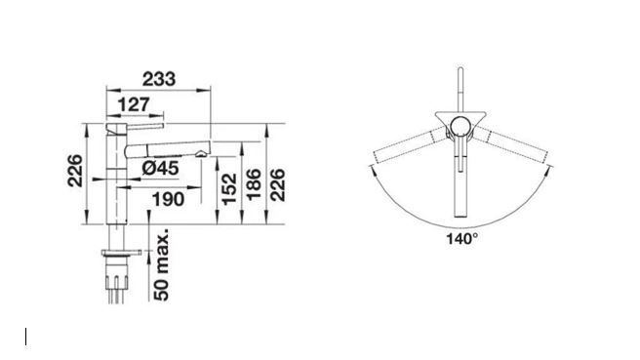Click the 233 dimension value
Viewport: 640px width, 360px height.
[159, 79]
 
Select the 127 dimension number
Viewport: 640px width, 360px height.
[134, 105]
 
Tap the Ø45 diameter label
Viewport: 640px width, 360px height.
[160, 168]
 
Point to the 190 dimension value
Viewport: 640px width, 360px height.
[168, 199]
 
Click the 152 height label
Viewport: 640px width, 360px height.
[229, 188]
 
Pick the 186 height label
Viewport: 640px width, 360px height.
[254, 184]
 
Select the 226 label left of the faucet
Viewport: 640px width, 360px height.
[75, 171]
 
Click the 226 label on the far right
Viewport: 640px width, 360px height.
[278, 184]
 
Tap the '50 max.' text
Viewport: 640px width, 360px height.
[162, 264]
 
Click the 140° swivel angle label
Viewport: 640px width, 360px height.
[462, 239]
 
